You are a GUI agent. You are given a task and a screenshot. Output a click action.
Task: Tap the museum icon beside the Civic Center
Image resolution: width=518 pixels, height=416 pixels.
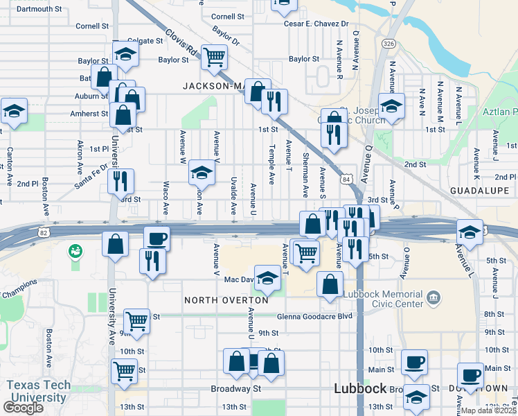pos(434,298)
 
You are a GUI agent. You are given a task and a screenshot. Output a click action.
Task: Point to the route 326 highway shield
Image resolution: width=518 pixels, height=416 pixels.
pos(388,44)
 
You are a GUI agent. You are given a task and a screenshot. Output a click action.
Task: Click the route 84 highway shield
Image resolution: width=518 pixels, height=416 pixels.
pos(346,180)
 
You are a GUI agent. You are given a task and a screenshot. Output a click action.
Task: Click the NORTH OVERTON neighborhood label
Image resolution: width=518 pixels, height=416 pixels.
pos(226,300)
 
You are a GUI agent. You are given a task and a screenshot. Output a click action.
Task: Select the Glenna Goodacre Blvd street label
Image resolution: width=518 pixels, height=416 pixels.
pos(314,316)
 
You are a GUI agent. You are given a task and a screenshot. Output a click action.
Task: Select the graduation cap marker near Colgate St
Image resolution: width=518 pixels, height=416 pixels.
pos(125,54)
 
